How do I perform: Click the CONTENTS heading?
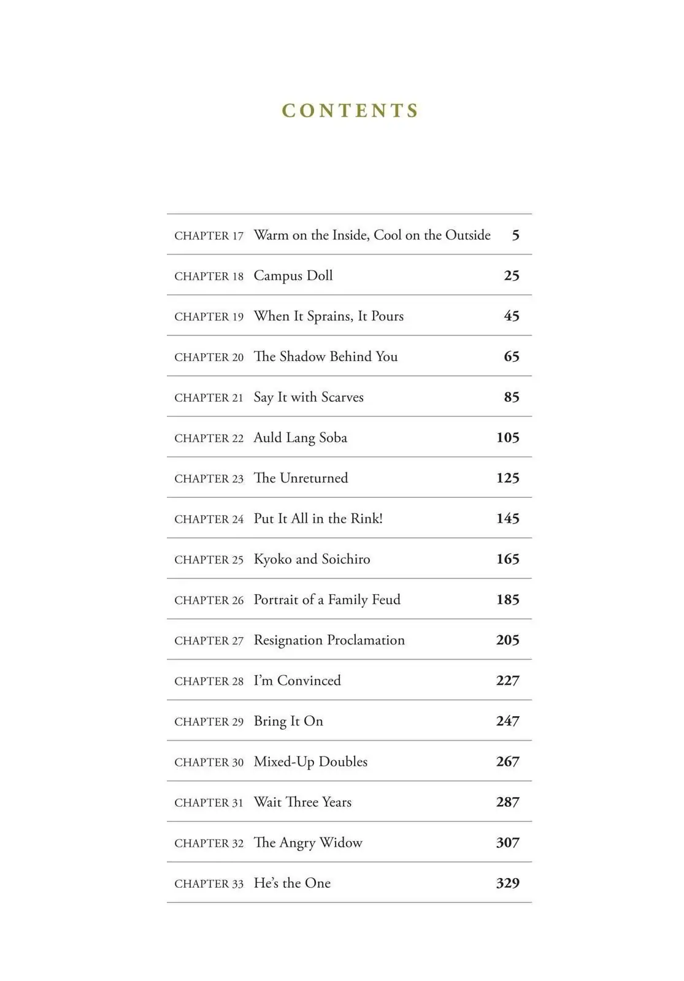350,111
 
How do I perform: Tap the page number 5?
515,235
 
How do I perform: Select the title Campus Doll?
293,276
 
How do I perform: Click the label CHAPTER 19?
209,317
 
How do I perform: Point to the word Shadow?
302,357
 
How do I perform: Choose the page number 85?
512,397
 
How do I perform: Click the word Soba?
333,438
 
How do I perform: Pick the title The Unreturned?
301,478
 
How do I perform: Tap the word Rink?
367,519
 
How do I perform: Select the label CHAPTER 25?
209,560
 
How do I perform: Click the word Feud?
386,600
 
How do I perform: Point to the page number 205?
508,640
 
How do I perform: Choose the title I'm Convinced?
297,681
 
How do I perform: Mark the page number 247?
508,721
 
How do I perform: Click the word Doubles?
344,762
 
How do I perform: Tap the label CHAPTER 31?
209,803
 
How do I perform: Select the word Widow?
341,843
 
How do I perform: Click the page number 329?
508,884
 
